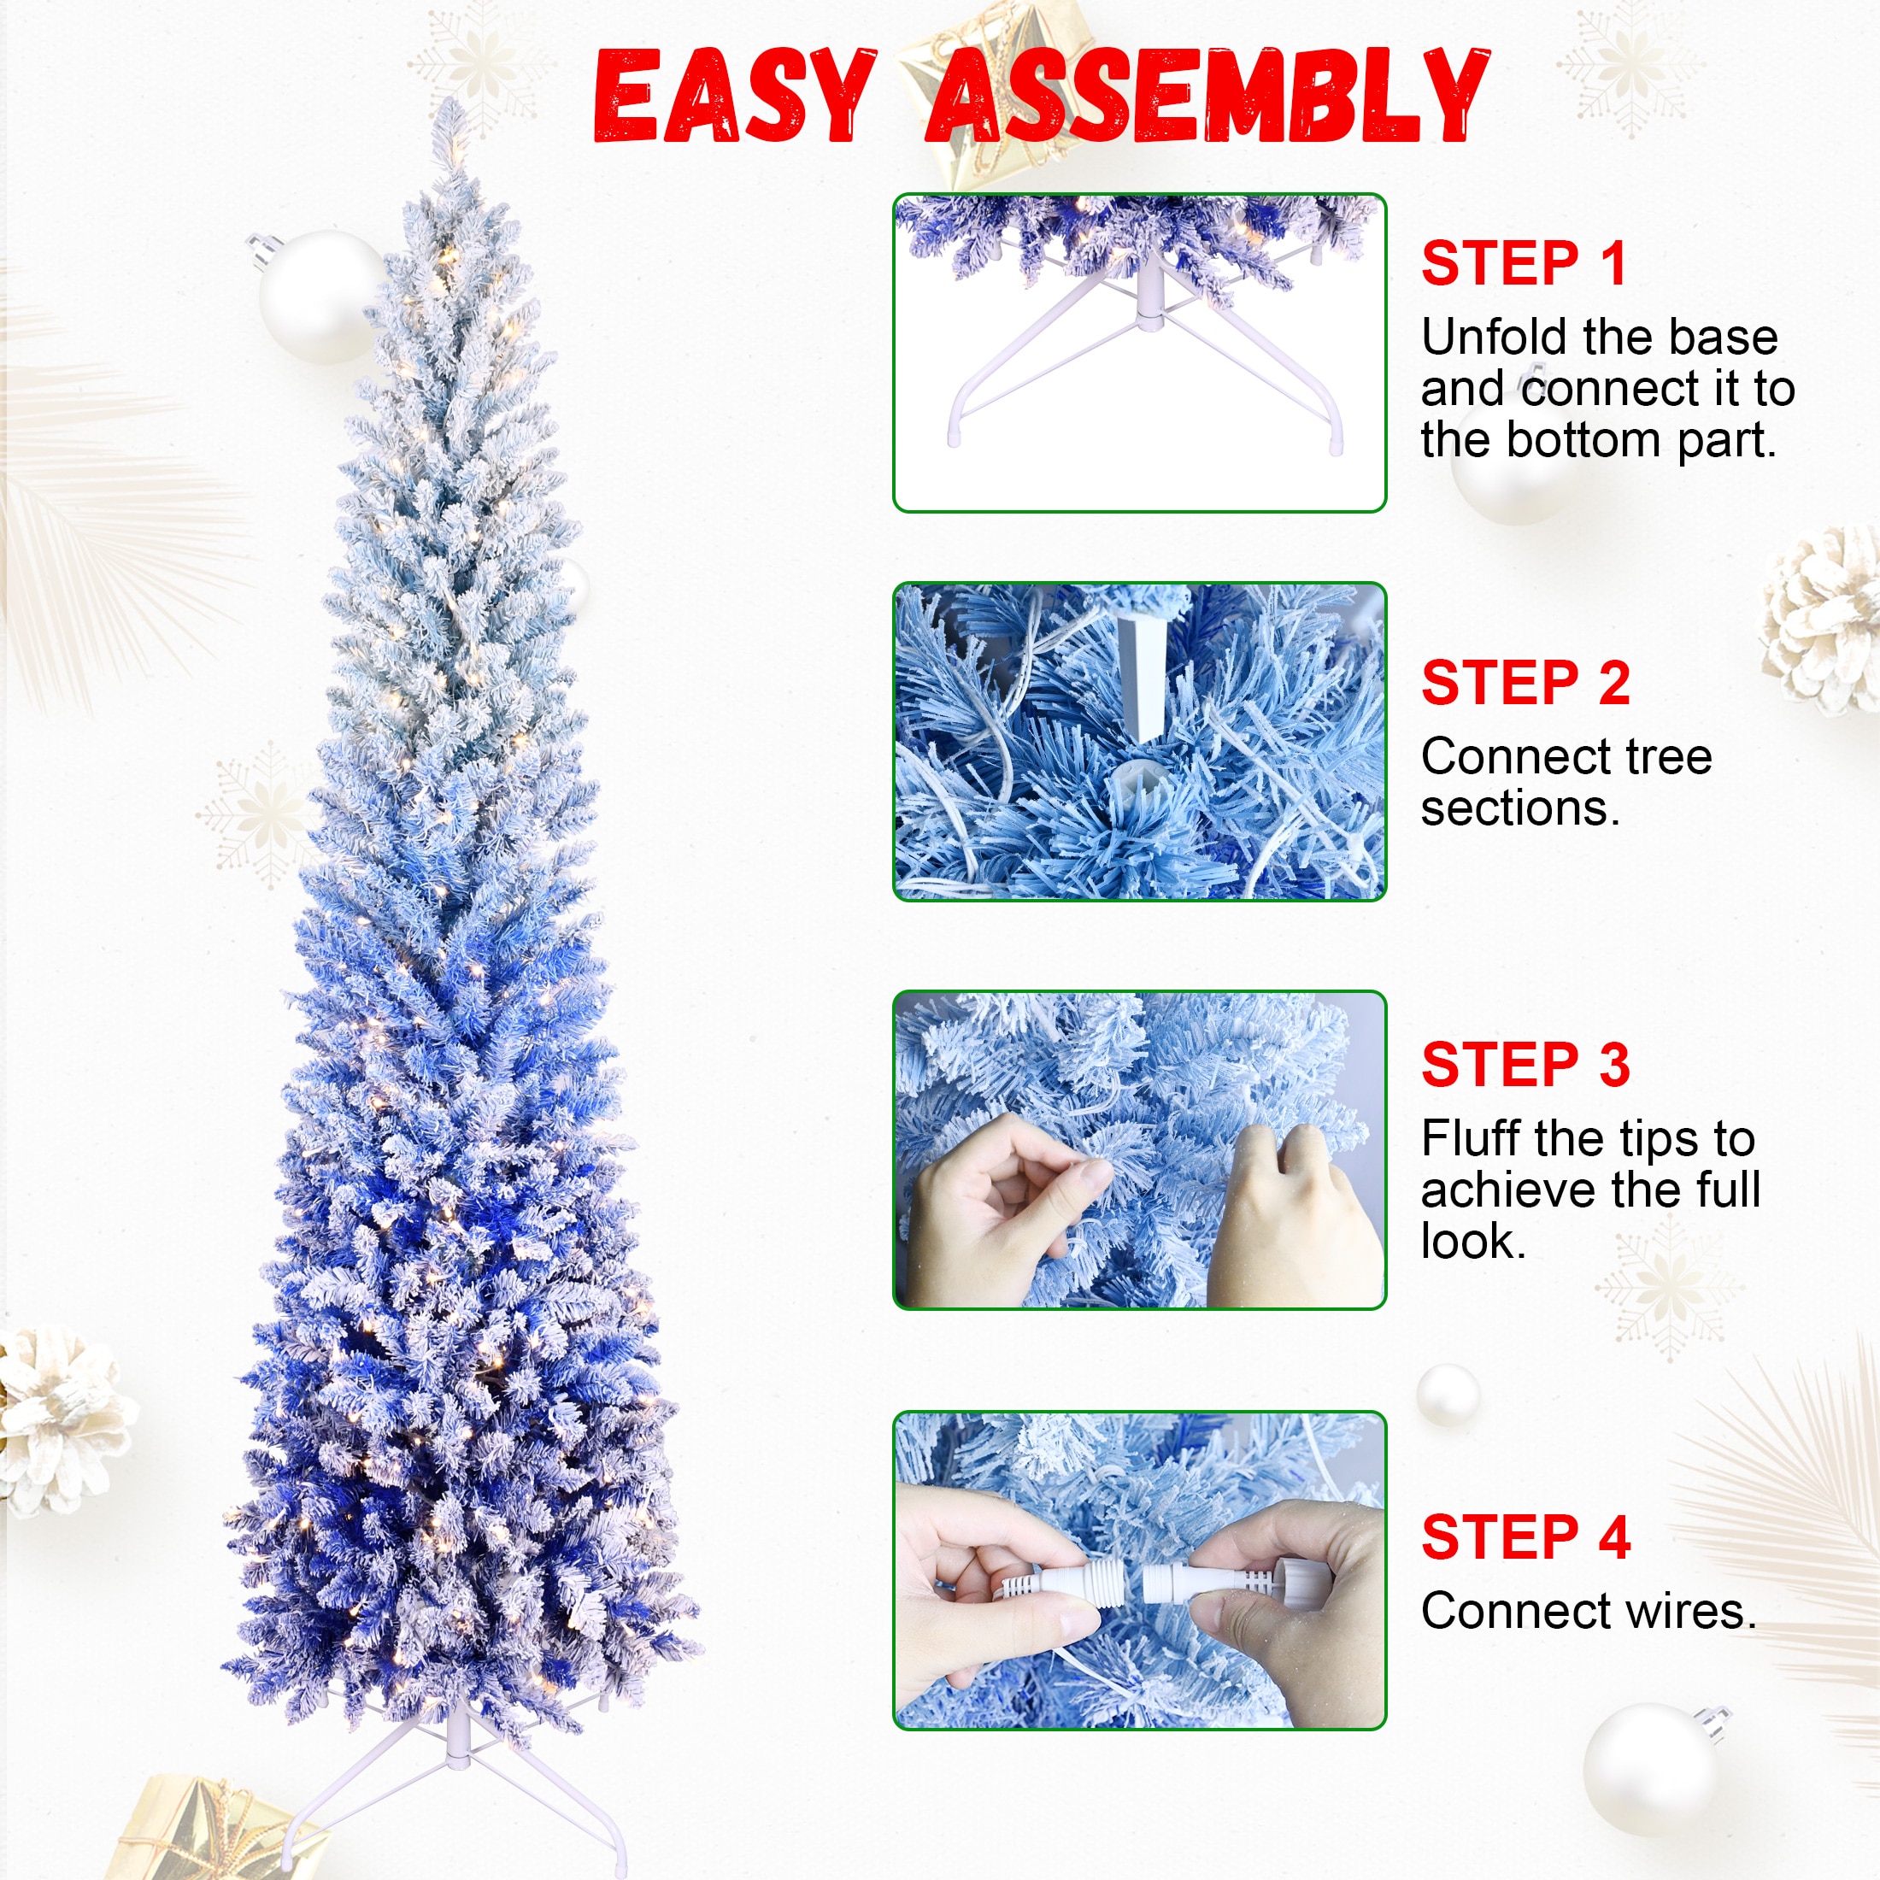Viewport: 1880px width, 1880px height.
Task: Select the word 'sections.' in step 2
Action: [1521, 808]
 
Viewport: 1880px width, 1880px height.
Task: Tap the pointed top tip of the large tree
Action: [449, 99]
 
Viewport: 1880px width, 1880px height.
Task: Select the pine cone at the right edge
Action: [1821, 620]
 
